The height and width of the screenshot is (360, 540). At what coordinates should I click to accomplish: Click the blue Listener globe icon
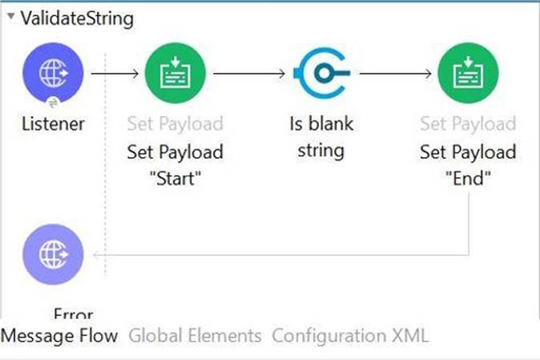(x=53, y=73)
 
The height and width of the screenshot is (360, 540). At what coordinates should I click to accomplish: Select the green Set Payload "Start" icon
(x=175, y=73)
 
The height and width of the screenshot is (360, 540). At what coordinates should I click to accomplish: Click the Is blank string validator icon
(x=322, y=73)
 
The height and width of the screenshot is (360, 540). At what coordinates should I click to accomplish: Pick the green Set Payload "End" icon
(x=468, y=73)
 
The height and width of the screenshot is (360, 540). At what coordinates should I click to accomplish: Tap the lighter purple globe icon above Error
(x=53, y=254)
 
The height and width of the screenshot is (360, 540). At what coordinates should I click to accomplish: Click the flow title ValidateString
(x=77, y=18)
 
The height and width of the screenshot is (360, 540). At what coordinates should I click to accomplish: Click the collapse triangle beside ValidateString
(x=11, y=16)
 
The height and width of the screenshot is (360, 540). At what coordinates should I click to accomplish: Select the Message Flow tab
(x=59, y=335)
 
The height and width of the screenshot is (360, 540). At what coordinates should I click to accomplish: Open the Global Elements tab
(x=195, y=335)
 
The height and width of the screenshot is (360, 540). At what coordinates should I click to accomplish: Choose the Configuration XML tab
(x=350, y=335)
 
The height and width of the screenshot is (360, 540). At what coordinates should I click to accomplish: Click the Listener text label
(x=53, y=123)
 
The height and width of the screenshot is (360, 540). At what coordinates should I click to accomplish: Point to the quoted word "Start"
(x=175, y=179)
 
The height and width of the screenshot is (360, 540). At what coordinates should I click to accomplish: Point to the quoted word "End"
(x=468, y=179)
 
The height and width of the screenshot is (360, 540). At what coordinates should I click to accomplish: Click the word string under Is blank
(x=321, y=151)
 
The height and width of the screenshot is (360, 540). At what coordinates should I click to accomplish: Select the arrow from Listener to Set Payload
(x=115, y=74)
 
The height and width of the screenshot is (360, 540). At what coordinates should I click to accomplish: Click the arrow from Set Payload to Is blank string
(x=249, y=74)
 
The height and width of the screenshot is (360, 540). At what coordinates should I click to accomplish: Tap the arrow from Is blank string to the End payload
(x=395, y=74)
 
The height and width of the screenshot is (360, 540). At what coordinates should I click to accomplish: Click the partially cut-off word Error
(x=74, y=313)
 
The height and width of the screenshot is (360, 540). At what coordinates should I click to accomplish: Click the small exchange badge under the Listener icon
(x=54, y=103)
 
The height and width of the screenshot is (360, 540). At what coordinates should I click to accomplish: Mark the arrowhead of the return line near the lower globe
(x=95, y=255)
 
